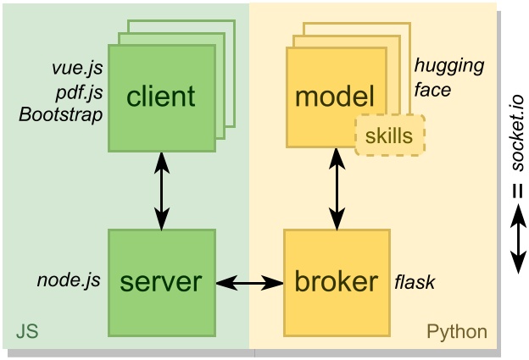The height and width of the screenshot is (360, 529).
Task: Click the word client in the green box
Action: (161, 96)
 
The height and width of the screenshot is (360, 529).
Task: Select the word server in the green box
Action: (161, 282)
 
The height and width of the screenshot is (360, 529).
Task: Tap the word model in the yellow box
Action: (335, 96)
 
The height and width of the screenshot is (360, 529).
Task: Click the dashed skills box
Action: (390, 136)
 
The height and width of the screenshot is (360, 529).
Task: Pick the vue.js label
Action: (77, 68)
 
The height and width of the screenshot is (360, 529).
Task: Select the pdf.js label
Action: (80, 91)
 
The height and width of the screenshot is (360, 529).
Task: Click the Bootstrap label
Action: (61, 114)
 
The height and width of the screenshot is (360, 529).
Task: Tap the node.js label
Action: (69, 280)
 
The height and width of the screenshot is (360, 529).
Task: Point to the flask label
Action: (415, 281)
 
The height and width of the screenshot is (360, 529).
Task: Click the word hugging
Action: (449, 66)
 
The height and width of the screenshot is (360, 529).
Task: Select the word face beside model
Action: (432, 90)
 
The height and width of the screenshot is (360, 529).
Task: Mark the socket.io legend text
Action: (517, 132)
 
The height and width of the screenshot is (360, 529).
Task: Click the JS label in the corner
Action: (27, 331)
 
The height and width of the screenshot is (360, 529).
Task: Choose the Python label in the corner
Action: (457, 332)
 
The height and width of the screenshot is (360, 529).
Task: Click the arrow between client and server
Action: (162, 191)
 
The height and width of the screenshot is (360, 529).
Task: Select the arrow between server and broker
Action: (249, 282)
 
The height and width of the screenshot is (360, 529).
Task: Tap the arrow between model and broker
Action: (337, 189)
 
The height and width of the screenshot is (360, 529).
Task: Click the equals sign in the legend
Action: (517, 191)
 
